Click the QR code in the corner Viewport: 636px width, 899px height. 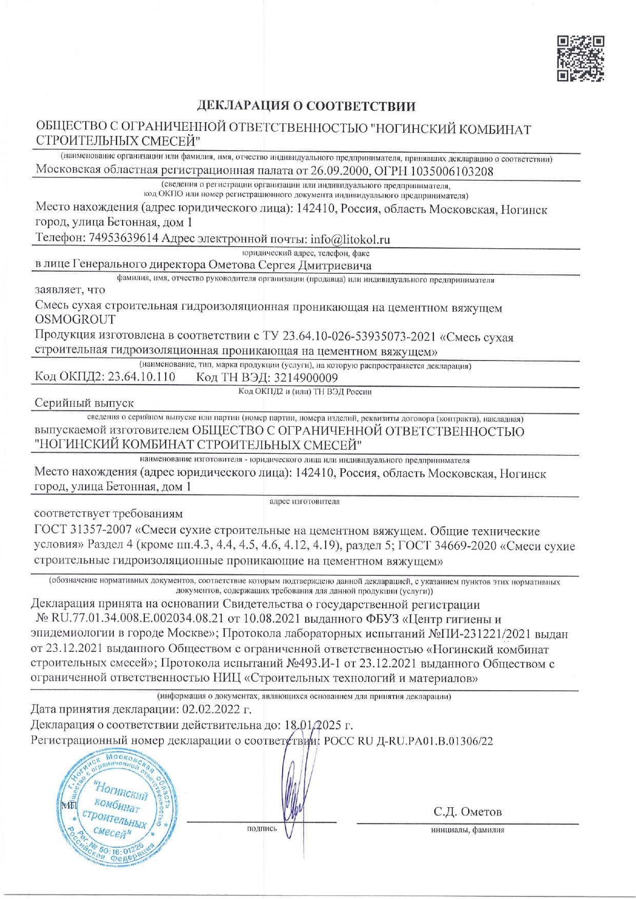[581, 58]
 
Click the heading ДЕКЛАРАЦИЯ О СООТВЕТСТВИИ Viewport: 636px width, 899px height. [306, 106]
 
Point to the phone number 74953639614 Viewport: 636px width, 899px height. [124, 238]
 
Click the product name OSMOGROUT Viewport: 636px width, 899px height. [75, 319]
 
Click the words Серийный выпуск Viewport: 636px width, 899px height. [84, 403]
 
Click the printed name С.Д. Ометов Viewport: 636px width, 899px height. [467, 812]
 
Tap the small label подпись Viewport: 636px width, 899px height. [262, 829]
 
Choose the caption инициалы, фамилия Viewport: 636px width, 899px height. [467, 830]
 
